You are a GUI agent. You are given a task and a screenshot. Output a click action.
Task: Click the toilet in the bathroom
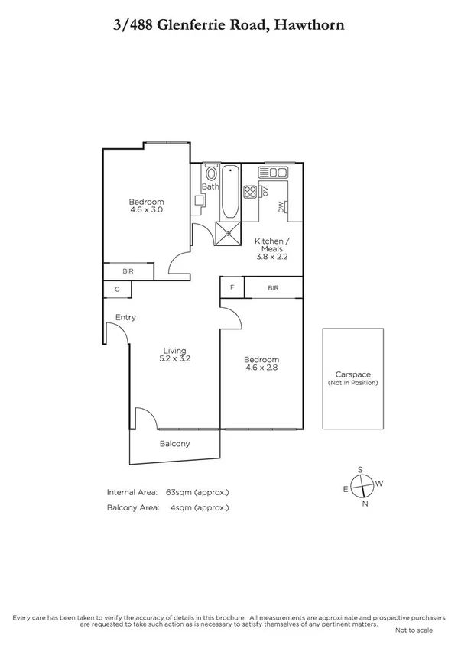pos(211,173)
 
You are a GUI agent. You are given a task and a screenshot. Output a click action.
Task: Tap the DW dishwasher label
pos(281,206)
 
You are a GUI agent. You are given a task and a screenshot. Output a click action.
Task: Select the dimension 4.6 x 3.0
pos(145,209)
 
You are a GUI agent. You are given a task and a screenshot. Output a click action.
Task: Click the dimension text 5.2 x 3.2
pos(175,358)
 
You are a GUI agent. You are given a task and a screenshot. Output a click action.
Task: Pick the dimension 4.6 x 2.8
pos(261,368)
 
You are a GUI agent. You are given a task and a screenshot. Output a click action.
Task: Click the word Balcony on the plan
pos(174,444)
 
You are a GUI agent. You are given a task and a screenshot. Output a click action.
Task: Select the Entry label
pos(125,317)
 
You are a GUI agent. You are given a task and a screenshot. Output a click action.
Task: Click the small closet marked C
pos(117,290)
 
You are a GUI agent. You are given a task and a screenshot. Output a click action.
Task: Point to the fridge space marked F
pos(232,287)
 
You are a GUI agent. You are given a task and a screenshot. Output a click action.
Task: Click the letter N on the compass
pos(365,504)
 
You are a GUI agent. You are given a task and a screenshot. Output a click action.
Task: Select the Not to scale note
pos(414,630)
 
